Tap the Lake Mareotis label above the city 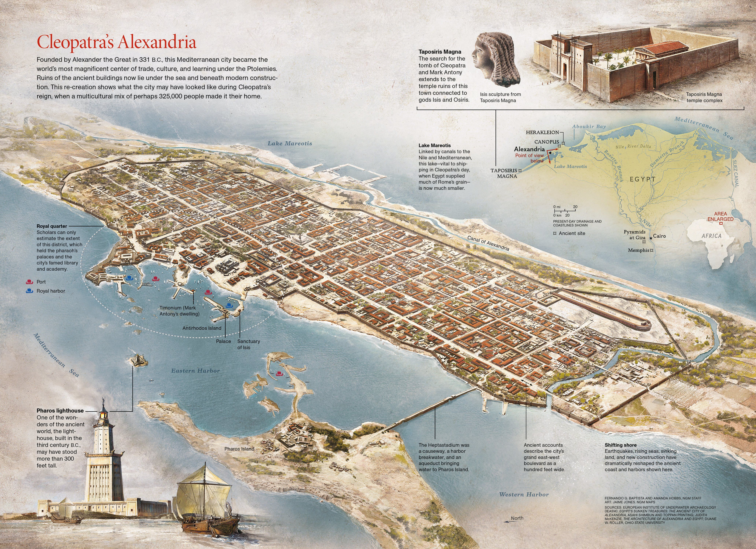290,143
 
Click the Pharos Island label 239,449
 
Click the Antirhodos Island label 202,328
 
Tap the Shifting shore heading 621,445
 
